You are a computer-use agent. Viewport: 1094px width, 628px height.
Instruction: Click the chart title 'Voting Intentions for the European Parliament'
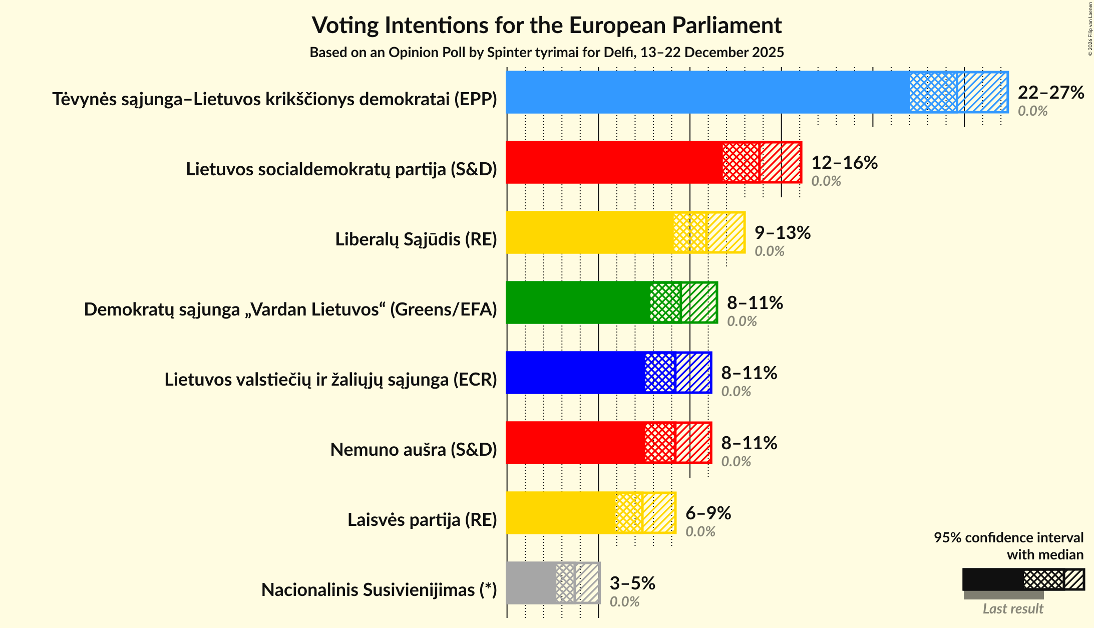click(x=547, y=25)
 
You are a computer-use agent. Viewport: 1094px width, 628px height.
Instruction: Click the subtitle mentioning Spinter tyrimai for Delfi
click(x=547, y=53)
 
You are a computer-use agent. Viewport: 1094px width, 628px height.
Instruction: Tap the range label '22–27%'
click(x=1050, y=93)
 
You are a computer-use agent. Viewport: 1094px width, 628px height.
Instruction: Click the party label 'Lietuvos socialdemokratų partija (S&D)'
click(x=341, y=169)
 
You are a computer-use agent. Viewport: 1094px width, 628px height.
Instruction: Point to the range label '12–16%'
click(x=844, y=163)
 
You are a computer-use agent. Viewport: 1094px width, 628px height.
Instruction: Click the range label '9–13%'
click(x=782, y=233)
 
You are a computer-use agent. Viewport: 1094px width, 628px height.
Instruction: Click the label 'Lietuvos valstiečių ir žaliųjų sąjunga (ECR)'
click(x=330, y=380)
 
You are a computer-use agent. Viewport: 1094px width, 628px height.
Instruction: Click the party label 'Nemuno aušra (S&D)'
click(x=414, y=450)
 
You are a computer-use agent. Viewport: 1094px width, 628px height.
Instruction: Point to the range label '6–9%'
click(x=708, y=513)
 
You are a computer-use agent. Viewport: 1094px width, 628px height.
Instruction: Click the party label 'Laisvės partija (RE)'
click(x=422, y=520)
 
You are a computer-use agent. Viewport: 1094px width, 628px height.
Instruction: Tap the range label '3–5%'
click(x=632, y=583)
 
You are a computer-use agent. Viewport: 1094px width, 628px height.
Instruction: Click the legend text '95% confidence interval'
click(x=1008, y=538)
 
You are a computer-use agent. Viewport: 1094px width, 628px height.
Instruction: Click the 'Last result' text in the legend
click(x=1012, y=609)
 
